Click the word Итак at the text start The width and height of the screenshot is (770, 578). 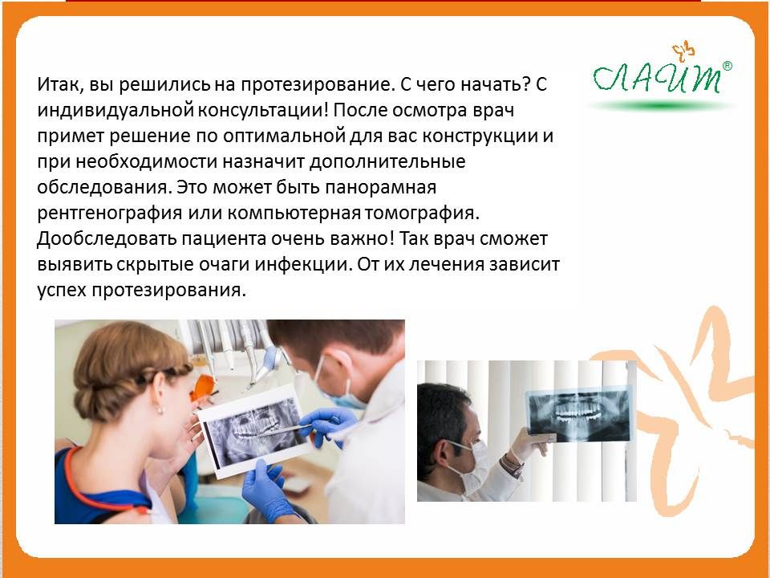56,84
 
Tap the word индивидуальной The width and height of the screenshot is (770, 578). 115,111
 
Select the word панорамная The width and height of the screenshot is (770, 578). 380,188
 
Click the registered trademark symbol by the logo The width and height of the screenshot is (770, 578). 727,66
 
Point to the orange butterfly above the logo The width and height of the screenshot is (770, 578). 683,50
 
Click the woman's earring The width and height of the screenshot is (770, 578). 160,409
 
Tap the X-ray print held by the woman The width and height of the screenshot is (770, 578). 255,431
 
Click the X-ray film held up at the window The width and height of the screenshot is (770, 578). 577,414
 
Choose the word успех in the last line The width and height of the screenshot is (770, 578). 62,291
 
